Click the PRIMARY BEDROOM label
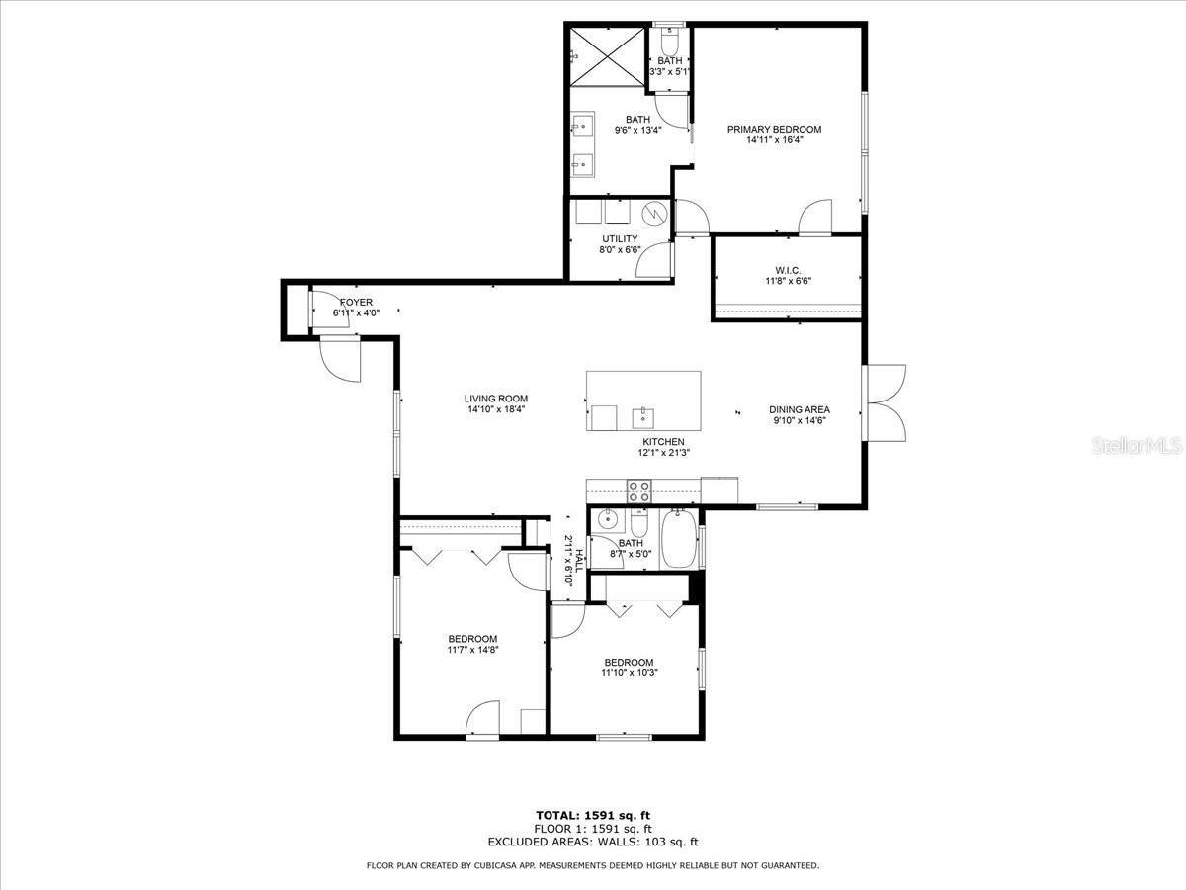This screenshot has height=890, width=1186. pyautogui.click(x=774, y=130)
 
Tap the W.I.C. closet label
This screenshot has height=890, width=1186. pyautogui.click(x=787, y=269)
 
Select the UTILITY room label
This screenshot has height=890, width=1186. pyautogui.click(x=620, y=238)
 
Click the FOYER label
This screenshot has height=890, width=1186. pyautogui.click(x=356, y=302)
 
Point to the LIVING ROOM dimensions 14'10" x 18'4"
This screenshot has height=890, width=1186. pyautogui.click(x=494, y=409)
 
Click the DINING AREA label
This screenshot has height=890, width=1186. pyautogui.click(x=800, y=409)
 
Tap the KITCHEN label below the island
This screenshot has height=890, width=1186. pyautogui.click(x=663, y=442)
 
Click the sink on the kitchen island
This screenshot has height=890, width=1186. pyautogui.click(x=643, y=415)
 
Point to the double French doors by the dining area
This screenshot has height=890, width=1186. pyautogui.click(x=886, y=401)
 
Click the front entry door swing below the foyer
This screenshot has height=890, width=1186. pyautogui.click(x=342, y=358)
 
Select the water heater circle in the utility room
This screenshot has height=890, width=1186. pyautogui.click(x=654, y=214)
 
